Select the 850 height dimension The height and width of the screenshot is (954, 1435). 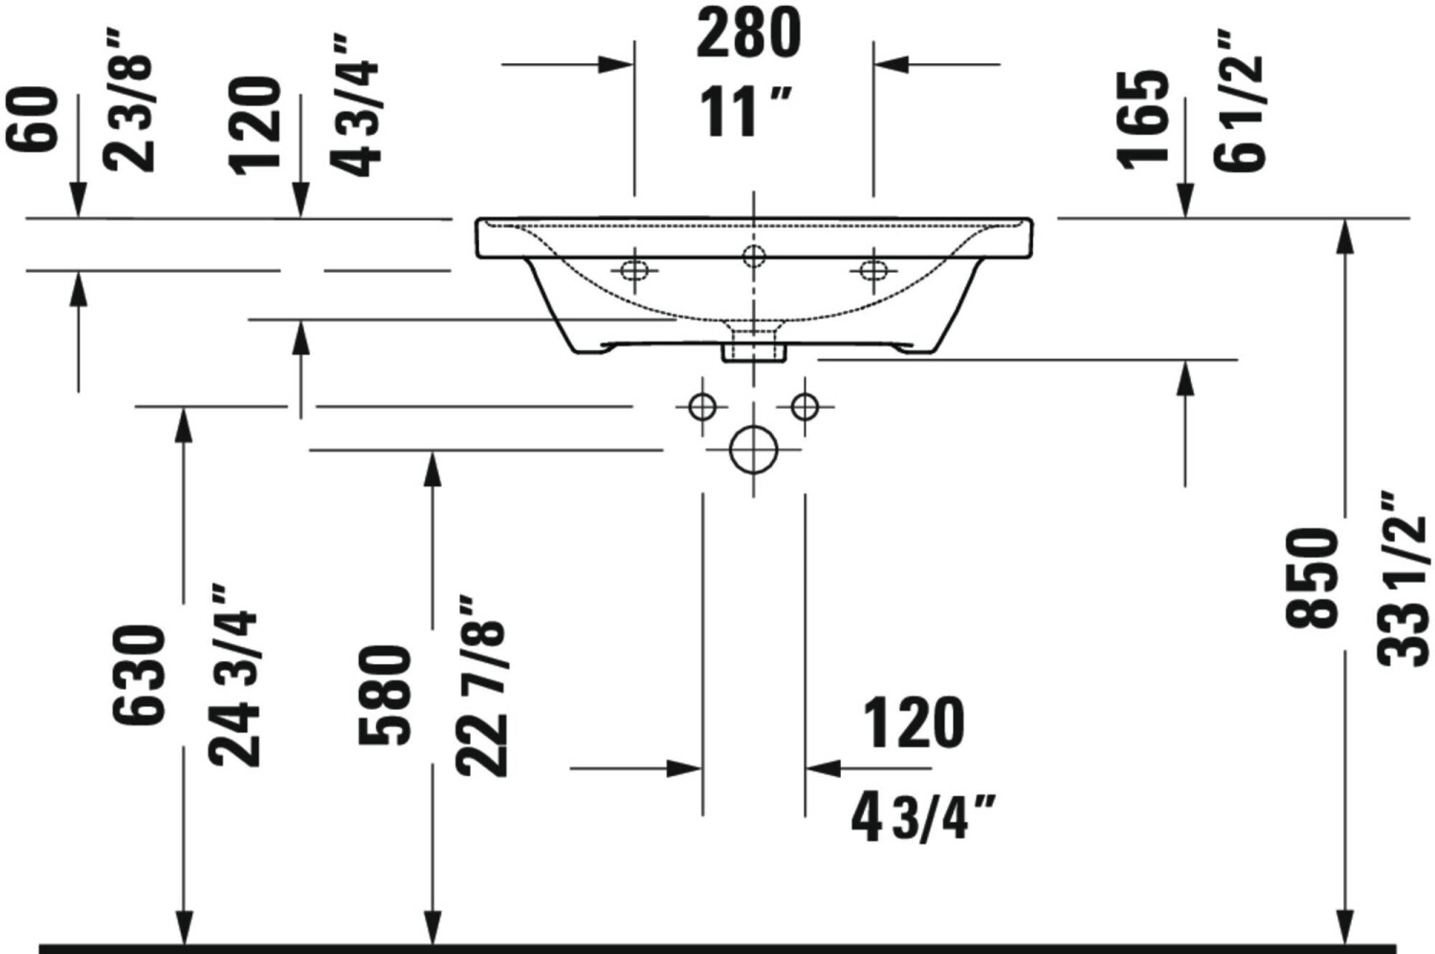1313,577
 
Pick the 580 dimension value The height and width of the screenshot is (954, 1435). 384,695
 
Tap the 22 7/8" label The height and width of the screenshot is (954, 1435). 481,686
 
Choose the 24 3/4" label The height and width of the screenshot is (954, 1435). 234,675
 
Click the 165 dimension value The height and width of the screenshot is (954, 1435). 1142,120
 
